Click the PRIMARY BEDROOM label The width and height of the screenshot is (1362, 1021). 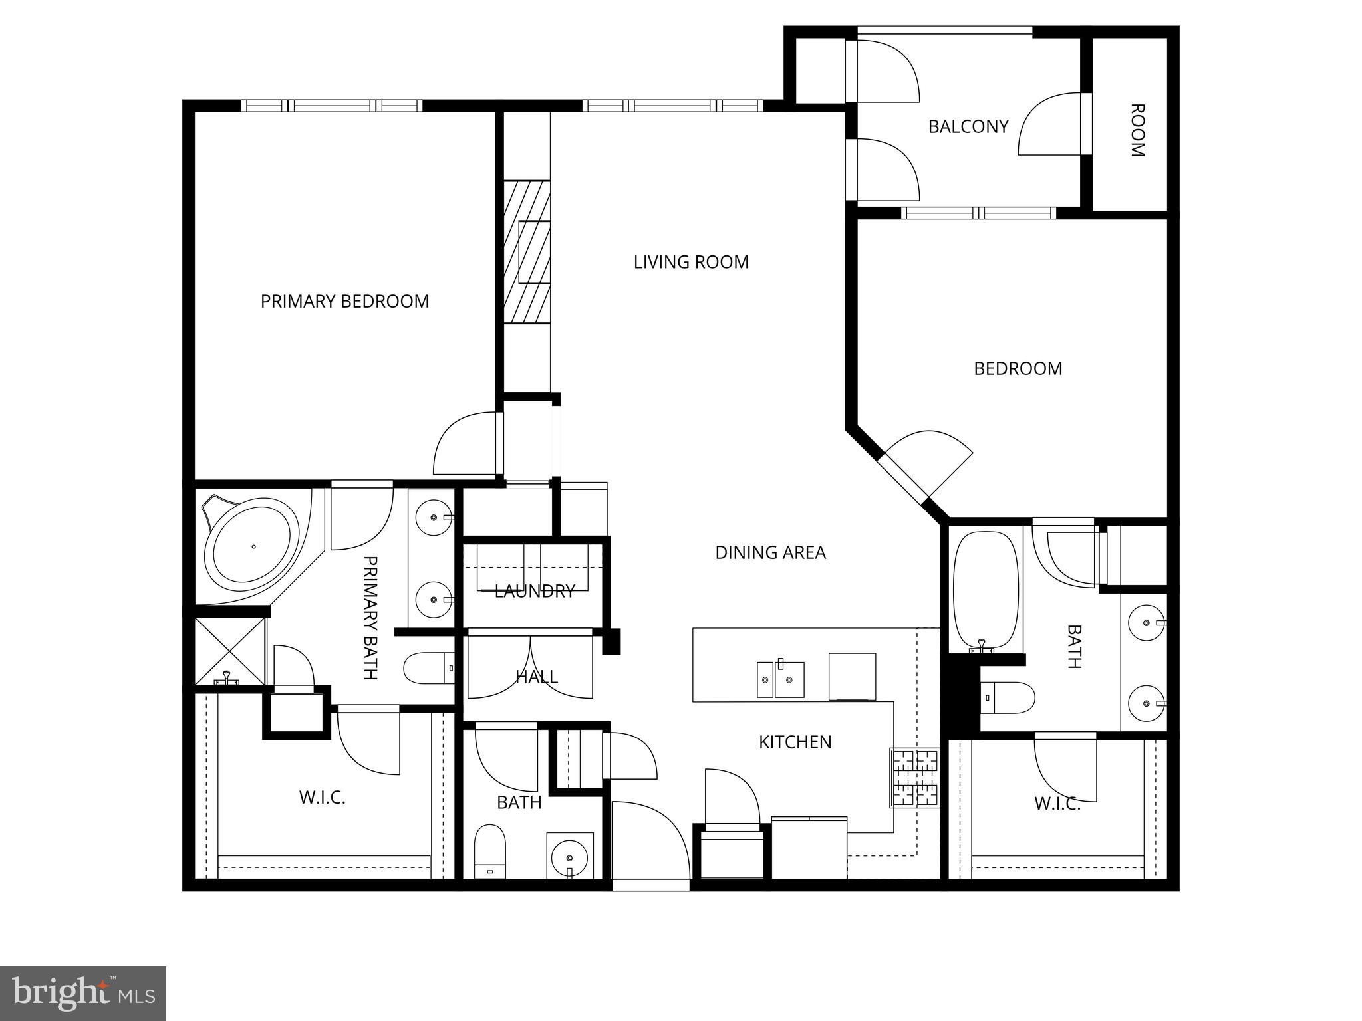tap(344, 302)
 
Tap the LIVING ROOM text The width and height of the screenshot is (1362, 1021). tap(691, 262)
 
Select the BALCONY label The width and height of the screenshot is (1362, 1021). tap(968, 126)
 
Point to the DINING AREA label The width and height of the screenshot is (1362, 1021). tap(770, 552)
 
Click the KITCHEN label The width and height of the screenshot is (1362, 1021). tap(795, 742)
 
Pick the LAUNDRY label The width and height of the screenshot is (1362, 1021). tap(535, 591)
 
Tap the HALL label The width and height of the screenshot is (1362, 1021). tap(536, 677)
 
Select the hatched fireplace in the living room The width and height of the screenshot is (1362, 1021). tap(527, 252)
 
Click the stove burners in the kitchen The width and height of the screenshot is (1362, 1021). tap(914, 777)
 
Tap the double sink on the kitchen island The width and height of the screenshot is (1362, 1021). tap(780, 679)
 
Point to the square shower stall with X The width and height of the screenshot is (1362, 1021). tap(230, 651)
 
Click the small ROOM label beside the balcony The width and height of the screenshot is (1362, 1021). tap(1137, 130)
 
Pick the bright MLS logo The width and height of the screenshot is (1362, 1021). tap(82, 993)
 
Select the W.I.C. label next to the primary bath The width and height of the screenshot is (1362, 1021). tap(322, 798)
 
